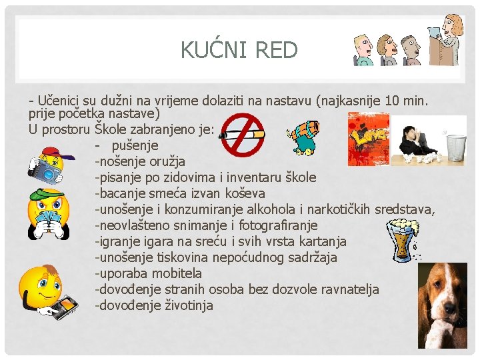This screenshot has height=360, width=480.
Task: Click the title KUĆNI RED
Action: tap(239, 50)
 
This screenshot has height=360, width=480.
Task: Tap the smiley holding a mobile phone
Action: tap(48, 293)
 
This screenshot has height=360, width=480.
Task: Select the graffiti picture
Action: tap(368, 139)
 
